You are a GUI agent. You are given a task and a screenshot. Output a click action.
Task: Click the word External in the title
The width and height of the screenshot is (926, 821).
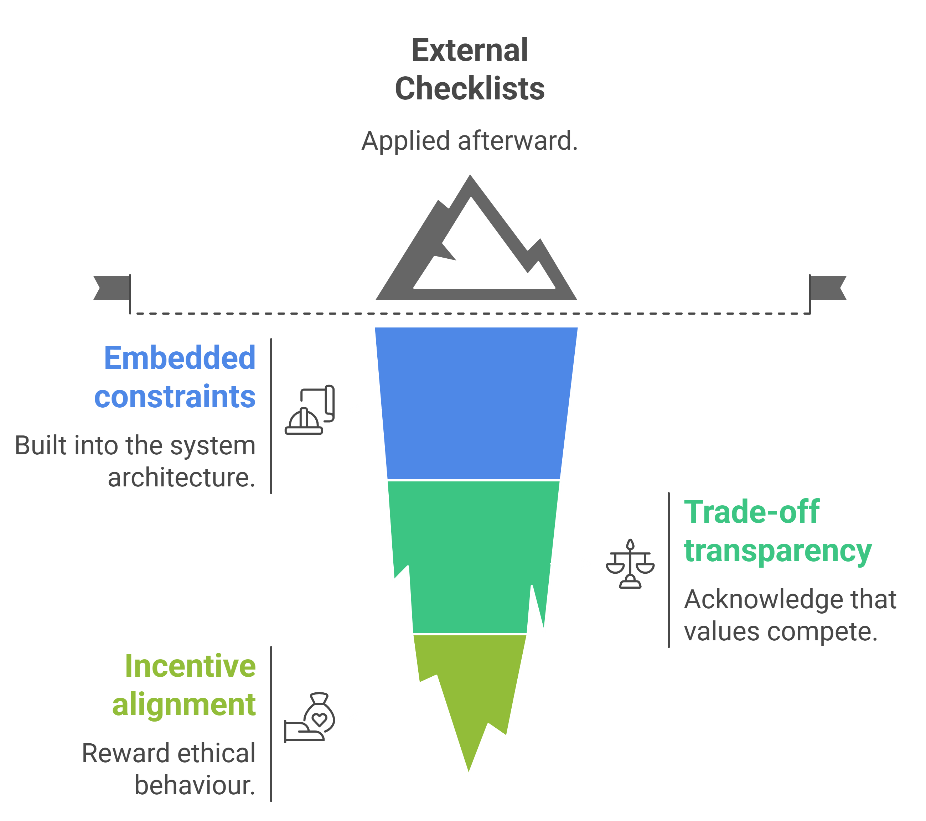pos(469,50)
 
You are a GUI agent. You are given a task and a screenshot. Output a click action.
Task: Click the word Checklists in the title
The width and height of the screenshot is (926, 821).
pos(469,89)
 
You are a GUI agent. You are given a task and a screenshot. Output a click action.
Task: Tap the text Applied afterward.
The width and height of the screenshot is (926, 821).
pos(469,141)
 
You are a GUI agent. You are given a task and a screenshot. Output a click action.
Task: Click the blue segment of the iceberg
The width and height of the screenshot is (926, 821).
pos(476,403)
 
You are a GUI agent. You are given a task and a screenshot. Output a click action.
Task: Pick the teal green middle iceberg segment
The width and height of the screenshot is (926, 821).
pos(471,557)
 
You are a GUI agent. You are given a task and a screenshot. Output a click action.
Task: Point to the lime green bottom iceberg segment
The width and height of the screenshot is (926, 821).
pos(471,689)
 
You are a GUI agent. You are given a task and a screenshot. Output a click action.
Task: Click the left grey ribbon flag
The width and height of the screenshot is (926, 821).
pos(112,288)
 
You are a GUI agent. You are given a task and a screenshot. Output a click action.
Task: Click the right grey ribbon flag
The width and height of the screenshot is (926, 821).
pos(829,288)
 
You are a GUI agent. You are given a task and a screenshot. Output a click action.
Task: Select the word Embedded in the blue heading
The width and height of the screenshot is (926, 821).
pos(180,358)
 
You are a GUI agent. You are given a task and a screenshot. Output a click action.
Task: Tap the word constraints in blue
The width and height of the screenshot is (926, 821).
pos(175,397)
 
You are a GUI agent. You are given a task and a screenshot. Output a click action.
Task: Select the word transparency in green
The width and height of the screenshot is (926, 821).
pos(777,551)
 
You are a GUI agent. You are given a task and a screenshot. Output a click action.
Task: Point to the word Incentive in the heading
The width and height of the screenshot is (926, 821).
pos(190,666)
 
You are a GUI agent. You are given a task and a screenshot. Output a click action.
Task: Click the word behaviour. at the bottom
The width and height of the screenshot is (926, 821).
pos(195,786)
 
